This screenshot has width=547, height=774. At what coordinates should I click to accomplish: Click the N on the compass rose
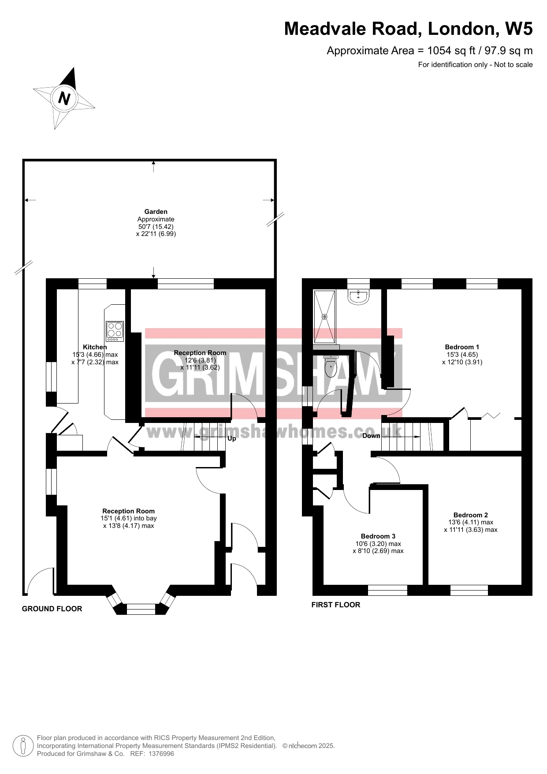[64, 98]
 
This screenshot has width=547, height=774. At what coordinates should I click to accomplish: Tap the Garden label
[156, 212]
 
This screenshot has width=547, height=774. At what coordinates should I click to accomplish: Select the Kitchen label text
[95, 347]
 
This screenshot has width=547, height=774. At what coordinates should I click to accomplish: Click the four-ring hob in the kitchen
[115, 331]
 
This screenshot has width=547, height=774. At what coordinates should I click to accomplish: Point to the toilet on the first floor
[331, 364]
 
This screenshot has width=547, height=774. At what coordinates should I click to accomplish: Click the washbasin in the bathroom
[358, 297]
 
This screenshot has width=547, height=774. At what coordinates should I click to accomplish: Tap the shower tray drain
[324, 317]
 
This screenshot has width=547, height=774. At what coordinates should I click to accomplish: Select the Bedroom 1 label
[462, 347]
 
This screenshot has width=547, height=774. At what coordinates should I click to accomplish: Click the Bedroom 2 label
[471, 515]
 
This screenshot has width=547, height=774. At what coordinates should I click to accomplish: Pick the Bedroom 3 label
[378, 536]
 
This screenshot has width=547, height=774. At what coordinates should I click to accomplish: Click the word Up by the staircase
[232, 439]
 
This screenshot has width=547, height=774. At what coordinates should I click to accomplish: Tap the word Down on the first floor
[371, 436]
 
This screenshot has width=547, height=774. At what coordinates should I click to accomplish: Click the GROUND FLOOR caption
[52, 609]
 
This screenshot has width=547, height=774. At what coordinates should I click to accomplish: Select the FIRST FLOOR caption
[336, 605]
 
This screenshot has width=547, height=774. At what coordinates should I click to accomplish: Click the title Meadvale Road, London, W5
[409, 29]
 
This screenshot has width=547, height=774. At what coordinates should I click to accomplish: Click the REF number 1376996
[161, 754]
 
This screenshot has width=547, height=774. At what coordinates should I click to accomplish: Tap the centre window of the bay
[141, 609]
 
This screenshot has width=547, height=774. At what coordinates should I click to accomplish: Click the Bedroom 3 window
[387, 590]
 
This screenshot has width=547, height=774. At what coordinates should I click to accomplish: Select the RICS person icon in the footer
[23, 746]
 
